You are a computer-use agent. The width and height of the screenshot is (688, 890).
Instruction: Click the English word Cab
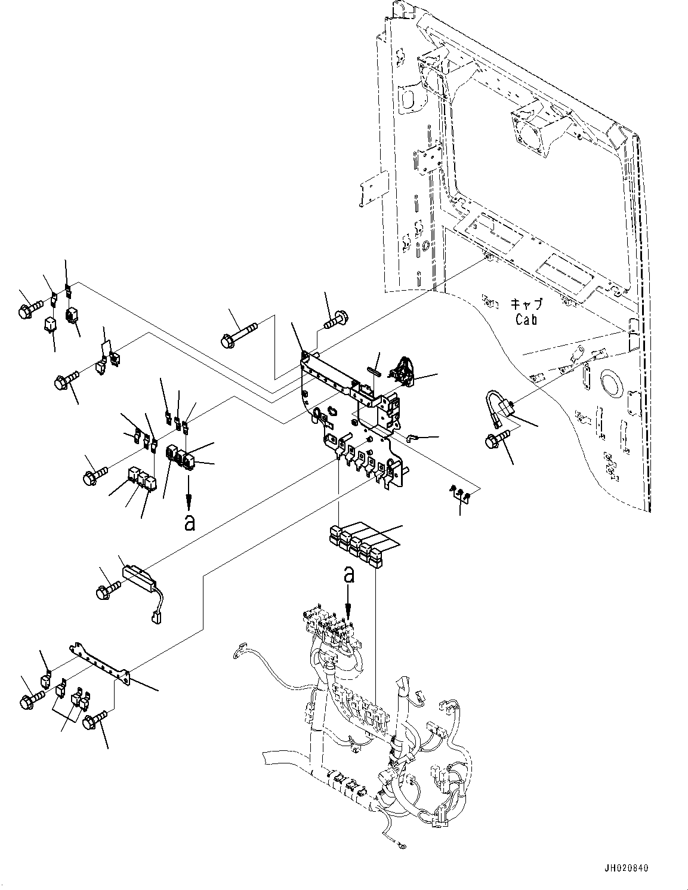pos(526,319)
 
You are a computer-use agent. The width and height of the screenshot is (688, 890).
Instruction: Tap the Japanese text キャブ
pos(526,304)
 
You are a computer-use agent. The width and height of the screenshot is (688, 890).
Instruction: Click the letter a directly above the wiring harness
pos(348,576)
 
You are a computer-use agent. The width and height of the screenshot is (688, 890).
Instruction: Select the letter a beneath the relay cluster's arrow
pos(190,522)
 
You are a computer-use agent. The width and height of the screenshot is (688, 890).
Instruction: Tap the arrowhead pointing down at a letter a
pos(189,500)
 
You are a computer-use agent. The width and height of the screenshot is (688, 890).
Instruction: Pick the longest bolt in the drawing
pos(239,334)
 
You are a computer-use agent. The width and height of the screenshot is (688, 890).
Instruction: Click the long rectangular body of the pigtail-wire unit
pos(139,577)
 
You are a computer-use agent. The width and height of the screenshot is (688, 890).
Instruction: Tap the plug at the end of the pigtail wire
pos(156,629)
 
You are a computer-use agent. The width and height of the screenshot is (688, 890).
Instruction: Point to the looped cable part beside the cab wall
pos(500,406)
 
